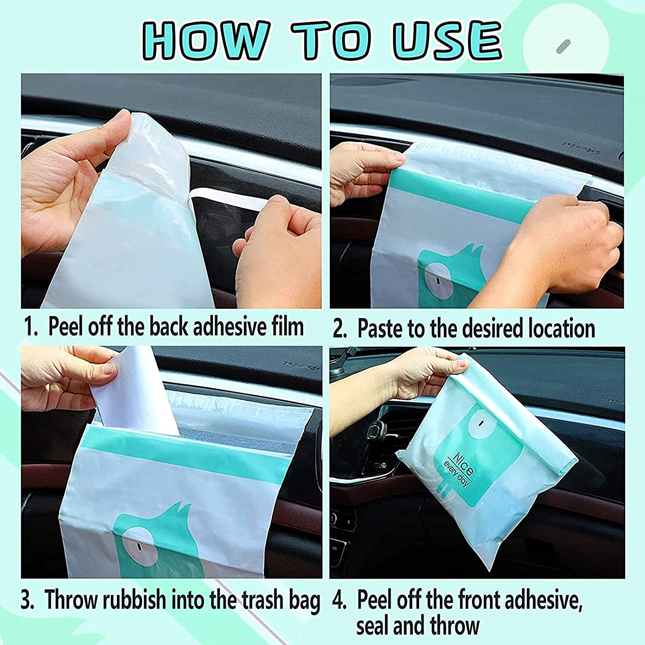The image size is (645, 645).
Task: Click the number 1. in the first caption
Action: pyautogui.click(x=31, y=327)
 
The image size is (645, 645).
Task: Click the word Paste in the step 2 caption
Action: pyautogui.click(x=381, y=329)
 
